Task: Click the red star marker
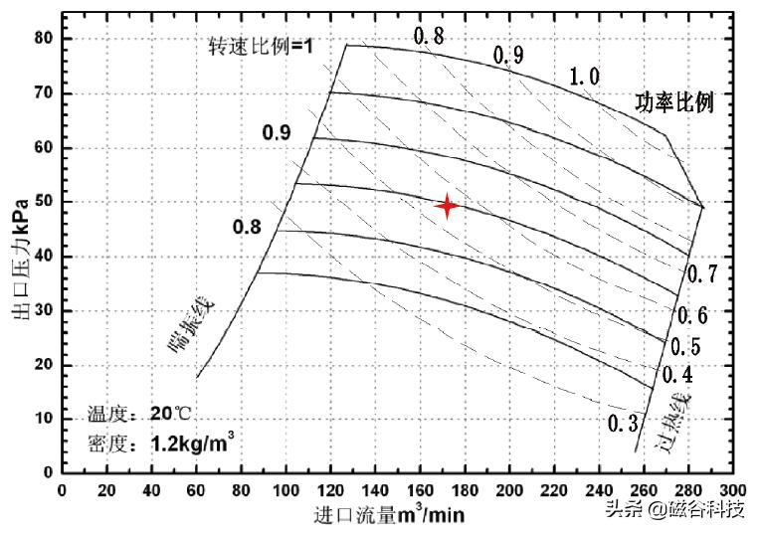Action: tap(448, 206)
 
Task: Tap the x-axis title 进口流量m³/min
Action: tap(389, 514)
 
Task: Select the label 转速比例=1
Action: tap(262, 46)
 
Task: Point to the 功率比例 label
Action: tap(675, 102)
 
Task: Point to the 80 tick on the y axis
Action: tap(42, 39)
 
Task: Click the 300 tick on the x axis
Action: tap(732, 490)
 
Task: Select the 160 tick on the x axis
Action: tap(420, 490)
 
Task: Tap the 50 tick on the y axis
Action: tap(42, 202)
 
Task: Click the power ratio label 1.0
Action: tap(584, 77)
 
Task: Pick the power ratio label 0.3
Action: tap(622, 424)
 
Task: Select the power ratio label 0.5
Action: tap(685, 347)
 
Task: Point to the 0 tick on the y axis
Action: tap(47, 473)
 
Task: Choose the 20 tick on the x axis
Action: tap(106, 490)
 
